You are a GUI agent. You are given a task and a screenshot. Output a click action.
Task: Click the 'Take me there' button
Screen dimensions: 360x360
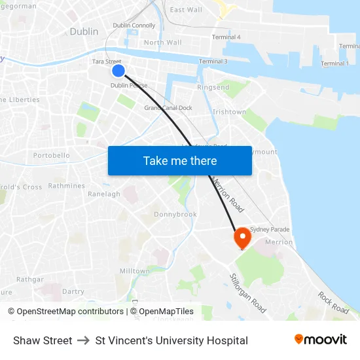[x=179, y=161]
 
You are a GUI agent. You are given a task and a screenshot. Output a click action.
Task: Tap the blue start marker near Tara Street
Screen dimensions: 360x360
[x=118, y=71]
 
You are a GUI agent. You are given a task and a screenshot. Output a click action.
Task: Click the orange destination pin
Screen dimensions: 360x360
[x=242, y=237]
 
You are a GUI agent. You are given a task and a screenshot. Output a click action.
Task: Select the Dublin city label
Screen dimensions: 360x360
[x=84, y=31]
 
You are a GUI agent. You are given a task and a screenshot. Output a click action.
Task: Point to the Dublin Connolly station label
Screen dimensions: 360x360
[x=134, y=26]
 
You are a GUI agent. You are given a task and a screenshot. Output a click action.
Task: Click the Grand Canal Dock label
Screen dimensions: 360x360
[x=168, y=107]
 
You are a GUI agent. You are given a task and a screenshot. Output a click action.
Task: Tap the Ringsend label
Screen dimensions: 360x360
[x=213, y=87]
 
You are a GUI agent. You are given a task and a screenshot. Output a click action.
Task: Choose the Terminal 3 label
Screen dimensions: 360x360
[x=213, y=62]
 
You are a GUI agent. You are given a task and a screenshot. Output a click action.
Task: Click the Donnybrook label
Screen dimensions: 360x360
[x=175, y=214]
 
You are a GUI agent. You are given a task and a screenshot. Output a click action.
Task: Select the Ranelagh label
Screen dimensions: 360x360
[x=104, y=194]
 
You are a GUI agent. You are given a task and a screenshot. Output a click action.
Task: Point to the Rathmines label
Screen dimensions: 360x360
[x=66, y=186]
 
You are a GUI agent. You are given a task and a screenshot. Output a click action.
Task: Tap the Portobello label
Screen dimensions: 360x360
[x=51, y=156]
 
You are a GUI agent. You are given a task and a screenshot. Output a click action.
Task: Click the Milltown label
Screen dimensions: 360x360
[x=135, y=271]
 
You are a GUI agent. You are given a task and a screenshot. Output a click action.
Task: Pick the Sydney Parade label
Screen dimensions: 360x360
[x=270, y=230]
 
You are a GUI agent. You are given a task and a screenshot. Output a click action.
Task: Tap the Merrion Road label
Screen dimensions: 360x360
[x=228, y=194]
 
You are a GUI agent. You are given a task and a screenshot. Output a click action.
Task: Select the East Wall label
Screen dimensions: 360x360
[x=186, y=10]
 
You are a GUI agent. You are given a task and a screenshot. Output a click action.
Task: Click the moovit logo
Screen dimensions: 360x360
[x=320, y=340]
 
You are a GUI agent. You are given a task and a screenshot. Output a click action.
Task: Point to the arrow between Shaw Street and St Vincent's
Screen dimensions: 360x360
[x=84, y=341]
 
